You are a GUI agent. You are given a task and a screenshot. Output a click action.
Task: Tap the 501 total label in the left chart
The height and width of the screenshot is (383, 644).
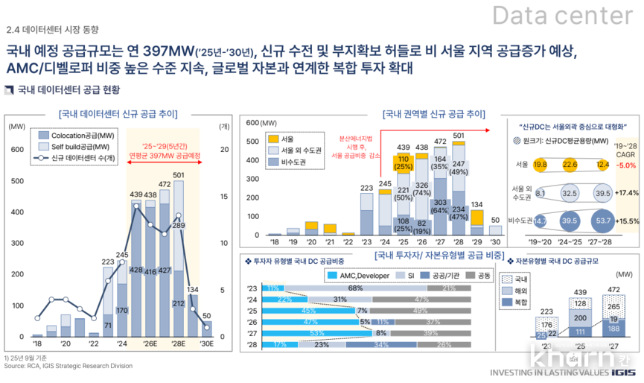pos(178,175)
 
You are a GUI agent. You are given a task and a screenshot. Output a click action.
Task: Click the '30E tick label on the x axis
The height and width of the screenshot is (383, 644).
pos(206,344)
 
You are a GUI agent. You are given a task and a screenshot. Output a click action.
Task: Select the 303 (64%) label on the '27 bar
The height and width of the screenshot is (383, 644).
pos(440,206)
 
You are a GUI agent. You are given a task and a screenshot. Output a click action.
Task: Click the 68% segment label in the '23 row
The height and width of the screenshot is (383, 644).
pos(355,288)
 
